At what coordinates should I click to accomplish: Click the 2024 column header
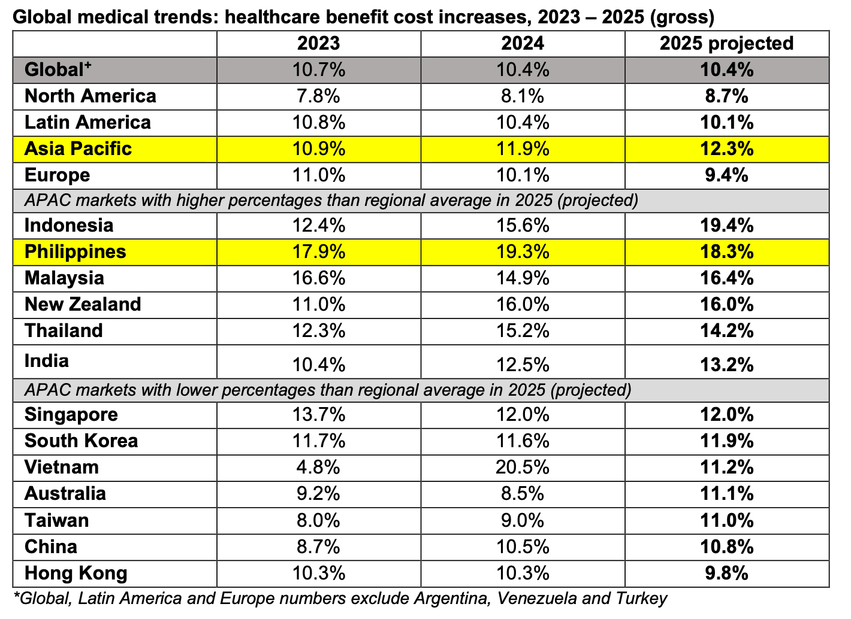[523, 43]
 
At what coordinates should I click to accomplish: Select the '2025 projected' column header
[726, 43]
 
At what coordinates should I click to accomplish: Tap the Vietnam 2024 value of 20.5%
[523, 467]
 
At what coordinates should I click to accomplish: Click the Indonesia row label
[69, 225]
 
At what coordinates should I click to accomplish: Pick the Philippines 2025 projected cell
[726, 251]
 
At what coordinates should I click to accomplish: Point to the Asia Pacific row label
[78, 148]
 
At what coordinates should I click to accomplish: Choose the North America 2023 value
[318, 96]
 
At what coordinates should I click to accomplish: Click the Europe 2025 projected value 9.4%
[726, 175]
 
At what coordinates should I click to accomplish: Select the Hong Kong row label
[76, 573]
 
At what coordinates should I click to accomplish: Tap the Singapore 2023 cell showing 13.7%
[318, 414]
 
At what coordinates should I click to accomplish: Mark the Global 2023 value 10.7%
[318, 69]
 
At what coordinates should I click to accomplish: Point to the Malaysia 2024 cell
[523, 278]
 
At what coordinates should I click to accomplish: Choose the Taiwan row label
[56, 520]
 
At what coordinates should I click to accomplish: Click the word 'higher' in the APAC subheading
[203, 200]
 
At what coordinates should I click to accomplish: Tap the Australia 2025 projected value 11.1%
[726, 493]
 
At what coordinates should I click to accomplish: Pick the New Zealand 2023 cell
[318, 304]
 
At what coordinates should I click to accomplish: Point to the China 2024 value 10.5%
[523, 547]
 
